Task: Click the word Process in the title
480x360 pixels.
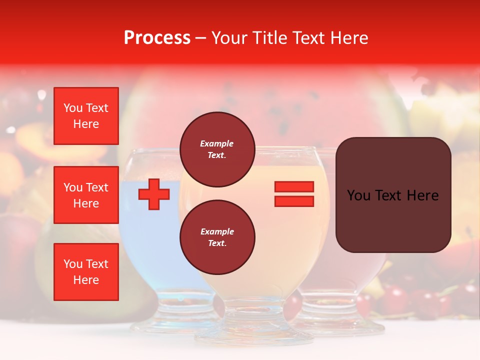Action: [157, 38]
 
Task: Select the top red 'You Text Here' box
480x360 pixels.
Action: [86, 116]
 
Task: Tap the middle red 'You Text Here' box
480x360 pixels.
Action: [86, 195]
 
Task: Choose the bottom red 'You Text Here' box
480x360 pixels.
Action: [86, 272]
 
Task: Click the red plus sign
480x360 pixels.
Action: [154, 194]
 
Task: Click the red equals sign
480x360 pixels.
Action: [294, 194]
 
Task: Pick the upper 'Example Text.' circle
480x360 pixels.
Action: [217, 149]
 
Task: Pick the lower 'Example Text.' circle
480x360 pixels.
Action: [217, 237]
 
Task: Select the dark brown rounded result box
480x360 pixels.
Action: [393, 195]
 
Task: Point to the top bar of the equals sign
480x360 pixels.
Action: [294, 186]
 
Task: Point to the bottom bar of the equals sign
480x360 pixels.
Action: [294, 201]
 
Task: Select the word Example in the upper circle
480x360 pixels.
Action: [217, 143]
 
